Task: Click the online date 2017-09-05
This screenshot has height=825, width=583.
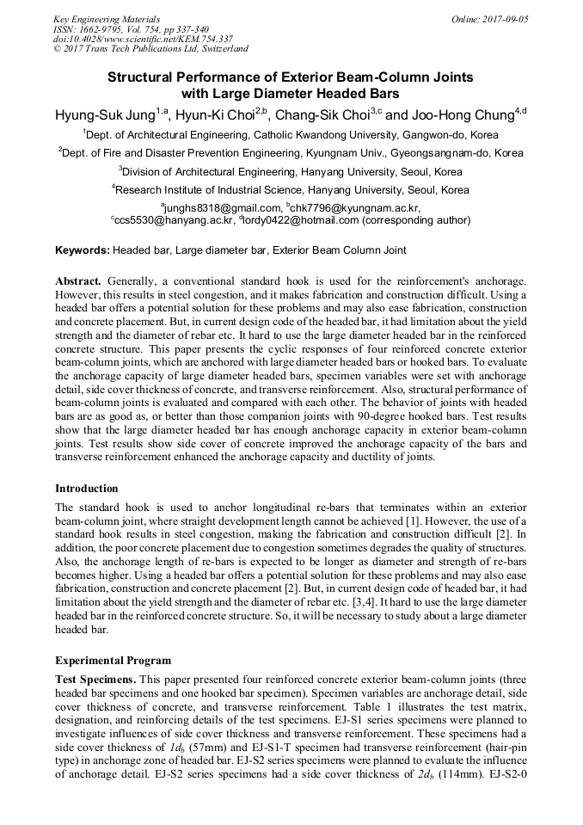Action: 502,18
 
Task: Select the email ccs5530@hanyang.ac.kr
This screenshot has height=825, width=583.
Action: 175,220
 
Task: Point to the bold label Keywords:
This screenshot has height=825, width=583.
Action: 82,250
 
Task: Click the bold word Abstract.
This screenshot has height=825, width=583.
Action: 79,281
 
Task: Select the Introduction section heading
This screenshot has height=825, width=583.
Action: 87,489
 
